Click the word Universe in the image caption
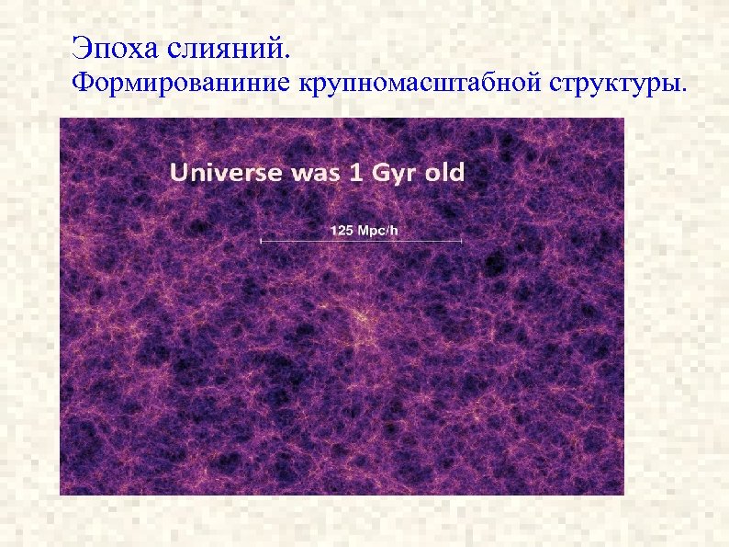(226, 172)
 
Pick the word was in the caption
(316, 172)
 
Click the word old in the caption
(444, 172)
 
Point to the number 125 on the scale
(341, 230)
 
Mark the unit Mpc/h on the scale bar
(377, 230)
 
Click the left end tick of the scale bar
(262, 241)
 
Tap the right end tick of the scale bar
(461, 241)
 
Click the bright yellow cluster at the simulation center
(360, 318)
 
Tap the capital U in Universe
(178, 172)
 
